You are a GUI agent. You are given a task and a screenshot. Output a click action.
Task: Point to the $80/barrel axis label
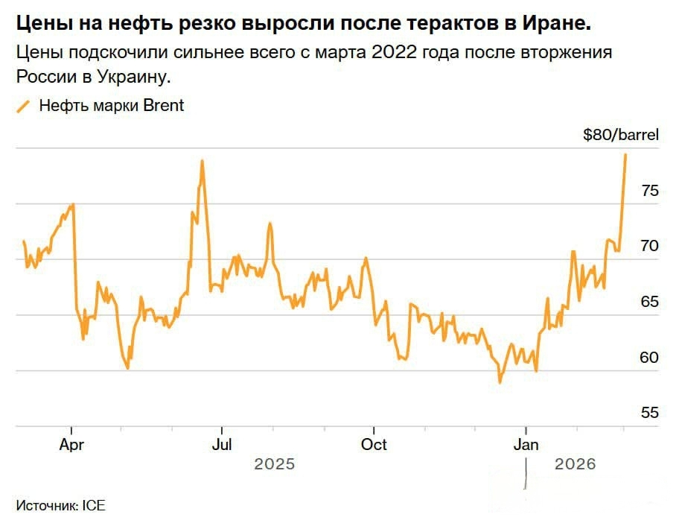[x=621, y=135]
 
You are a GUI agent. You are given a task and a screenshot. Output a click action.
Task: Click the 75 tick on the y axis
[x=649, y=191]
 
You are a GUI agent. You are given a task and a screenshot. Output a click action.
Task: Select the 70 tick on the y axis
[x=649, y=247]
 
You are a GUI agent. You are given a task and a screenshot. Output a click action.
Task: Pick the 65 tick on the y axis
[x=649, y=302]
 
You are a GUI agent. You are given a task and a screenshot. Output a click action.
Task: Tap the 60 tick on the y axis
[x=649, y=358]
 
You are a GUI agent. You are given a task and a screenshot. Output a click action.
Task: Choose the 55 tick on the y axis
[x=649, y=413]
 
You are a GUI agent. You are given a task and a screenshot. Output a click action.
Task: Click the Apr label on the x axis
[x=71, y=445]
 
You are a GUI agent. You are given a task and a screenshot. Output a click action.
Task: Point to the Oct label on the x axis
[x=374, y=445]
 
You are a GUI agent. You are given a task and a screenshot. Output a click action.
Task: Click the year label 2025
[x=275, y=464]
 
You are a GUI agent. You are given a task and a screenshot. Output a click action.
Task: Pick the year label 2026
[x=575, y=464]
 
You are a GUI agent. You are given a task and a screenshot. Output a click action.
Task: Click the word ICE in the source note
[x=95, y=505]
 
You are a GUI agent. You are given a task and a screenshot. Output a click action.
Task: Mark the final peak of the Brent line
[x=625, y=154]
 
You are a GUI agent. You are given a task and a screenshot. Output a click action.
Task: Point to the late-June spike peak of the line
[x=202, y=161]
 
